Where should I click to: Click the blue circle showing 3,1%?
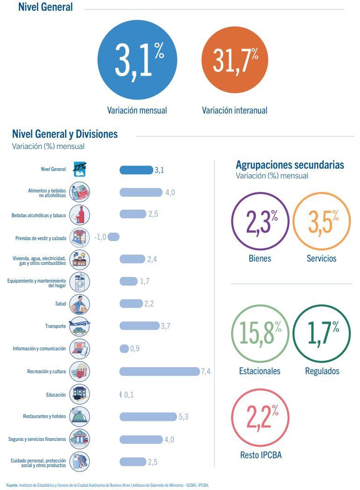(137, 60)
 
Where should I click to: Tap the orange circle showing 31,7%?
(235, 60)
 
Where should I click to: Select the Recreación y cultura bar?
(159, 371)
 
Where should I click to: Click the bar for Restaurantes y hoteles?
(148, 417)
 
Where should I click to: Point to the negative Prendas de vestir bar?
(113, 237)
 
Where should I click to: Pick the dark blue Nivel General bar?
(136, 170)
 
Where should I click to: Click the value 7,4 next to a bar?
(205, 371)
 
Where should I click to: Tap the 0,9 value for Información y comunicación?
(134, 348)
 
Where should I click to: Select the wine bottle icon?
(79, 215)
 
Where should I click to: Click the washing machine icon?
(79, 282)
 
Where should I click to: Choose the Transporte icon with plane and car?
(79, 326)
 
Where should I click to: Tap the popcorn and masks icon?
(79, 371)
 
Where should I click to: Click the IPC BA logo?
(80, 170)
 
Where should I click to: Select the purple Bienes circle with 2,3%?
(261, 221)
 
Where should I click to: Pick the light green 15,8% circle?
(261, 334)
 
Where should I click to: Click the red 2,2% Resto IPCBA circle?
(261, 418)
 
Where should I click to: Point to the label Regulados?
(322, 371)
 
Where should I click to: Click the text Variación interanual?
(235, 110)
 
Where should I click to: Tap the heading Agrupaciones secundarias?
(290, 165)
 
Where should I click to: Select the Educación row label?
(56, 395)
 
